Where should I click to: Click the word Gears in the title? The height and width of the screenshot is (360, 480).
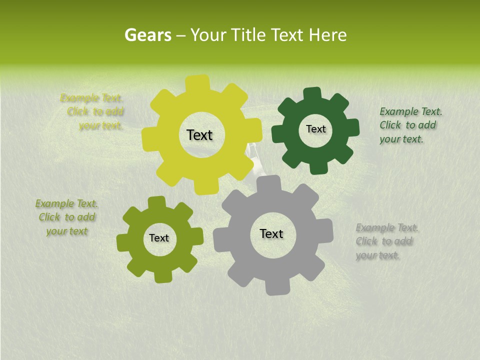point(147,35)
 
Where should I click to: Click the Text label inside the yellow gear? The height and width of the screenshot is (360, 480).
point(199,135)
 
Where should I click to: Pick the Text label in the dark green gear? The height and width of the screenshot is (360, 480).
point(315,129)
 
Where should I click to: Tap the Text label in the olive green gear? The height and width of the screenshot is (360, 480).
point(159,238)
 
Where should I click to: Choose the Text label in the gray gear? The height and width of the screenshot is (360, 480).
point(271,233)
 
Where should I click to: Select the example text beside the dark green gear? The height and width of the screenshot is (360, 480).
point(410,125)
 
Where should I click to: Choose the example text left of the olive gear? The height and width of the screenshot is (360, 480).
point(66,217)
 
